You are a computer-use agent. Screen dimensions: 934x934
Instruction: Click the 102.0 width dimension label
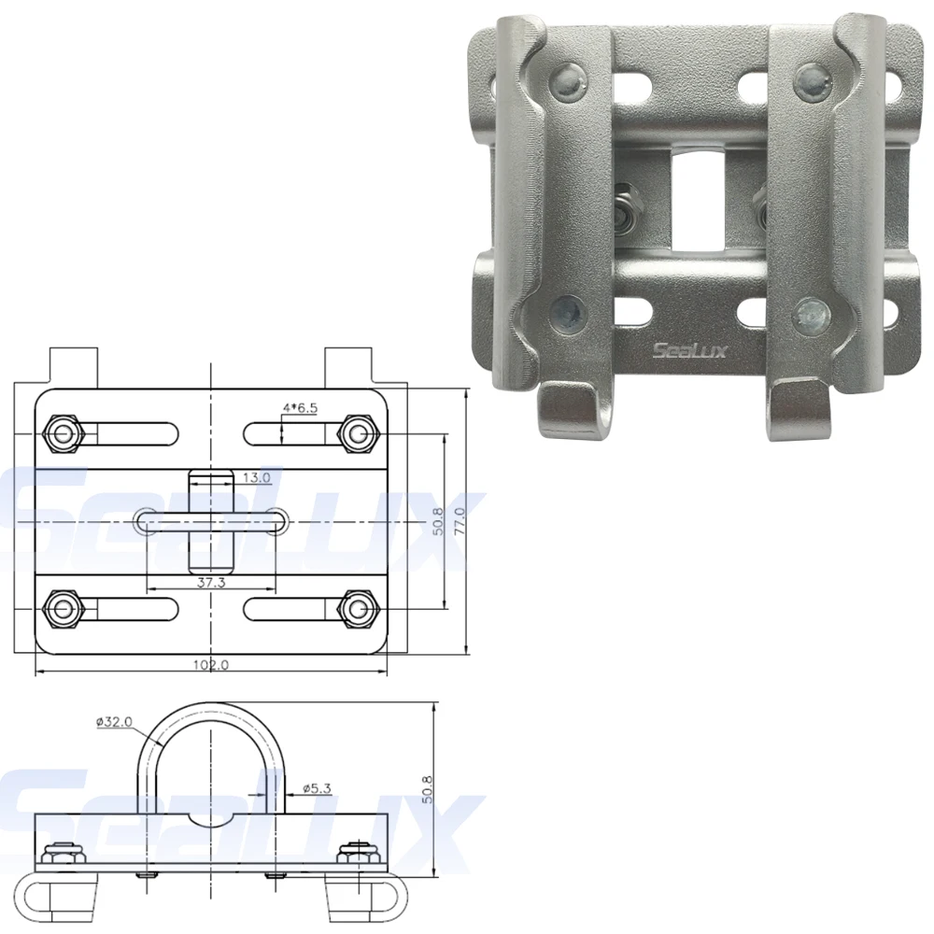point(211,664)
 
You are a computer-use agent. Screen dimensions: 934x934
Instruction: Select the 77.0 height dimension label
point(459,521)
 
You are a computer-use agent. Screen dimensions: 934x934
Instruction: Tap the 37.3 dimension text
point(211,582)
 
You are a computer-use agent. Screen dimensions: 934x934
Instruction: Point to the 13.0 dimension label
point(257,477)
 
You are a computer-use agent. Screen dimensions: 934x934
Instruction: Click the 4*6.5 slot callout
point(301,408)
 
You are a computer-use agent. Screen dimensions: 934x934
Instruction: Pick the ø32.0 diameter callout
point(114,722)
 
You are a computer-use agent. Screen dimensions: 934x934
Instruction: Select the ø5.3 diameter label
point(317,788)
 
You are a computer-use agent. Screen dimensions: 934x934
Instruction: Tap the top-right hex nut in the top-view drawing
point(358,433)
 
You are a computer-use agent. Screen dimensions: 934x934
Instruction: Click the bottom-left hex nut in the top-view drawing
point(62,609)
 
